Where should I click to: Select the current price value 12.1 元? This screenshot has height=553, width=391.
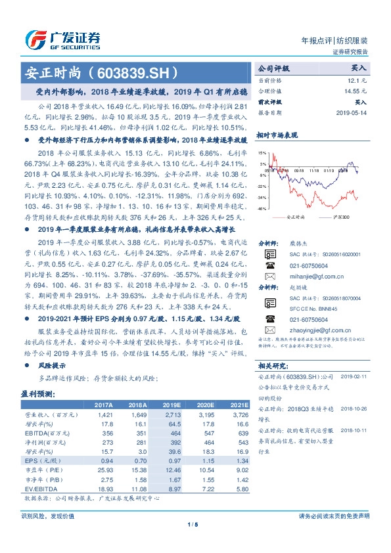tap(359, 79)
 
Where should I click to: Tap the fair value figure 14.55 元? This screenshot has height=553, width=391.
tap(356, 91)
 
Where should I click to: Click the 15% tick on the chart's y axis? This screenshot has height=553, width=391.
tap(262, 152)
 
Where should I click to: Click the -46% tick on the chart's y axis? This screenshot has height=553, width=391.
tap(262, 209)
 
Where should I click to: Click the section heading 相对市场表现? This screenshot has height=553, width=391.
tap(277, 134)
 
